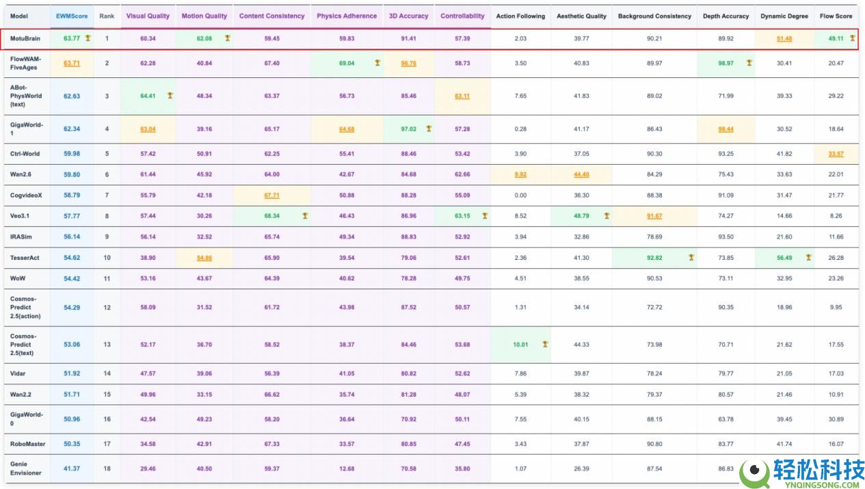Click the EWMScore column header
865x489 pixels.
pos(72,16)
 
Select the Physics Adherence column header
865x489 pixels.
pos(347,16)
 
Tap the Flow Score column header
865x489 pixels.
pos(836,16)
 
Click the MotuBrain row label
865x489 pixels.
pos(25,38)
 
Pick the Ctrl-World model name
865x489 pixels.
pos(25,154)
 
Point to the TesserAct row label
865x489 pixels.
pos(25,258)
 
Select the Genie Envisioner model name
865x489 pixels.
pos(25,468)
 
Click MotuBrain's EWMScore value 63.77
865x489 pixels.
pos(72,38)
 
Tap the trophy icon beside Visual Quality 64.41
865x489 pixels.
pos(170,95)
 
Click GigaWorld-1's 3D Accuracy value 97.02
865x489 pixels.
pos(408,129)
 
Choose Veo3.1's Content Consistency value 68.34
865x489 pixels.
pos(272,216)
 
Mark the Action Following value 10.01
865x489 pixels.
pos(520,345)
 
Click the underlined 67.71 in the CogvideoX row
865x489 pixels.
pos(272,196)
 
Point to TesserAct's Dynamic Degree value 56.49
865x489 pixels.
pos(784,258)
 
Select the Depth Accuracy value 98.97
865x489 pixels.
pos(726,64)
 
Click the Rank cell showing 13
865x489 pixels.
pos(107,345)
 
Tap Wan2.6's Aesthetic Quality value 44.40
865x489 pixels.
pos(581,174)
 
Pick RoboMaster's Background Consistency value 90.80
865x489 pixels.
pos(654,444)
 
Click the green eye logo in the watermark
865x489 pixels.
pos(754,472)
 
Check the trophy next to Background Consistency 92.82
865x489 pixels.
pos(691,257)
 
